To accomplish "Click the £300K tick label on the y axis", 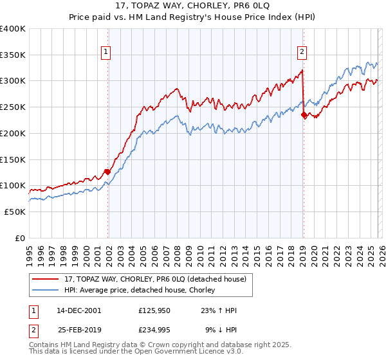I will (13, 81).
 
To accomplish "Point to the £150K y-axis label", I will (13, 159).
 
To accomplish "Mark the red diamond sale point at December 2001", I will (107, 172).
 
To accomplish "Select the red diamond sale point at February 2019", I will (304, 115).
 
